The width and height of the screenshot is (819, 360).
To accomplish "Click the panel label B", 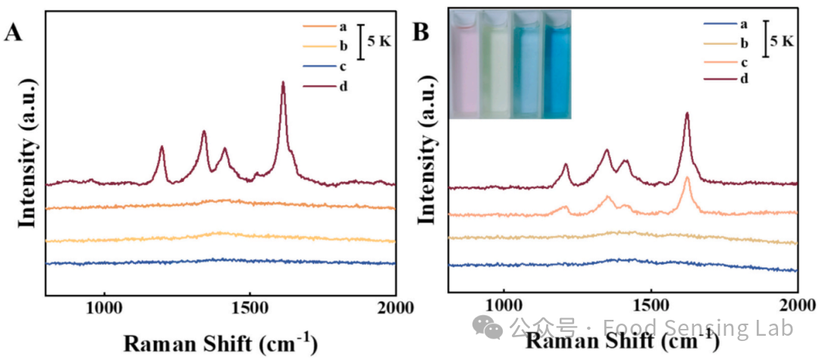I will (x=421, y=33).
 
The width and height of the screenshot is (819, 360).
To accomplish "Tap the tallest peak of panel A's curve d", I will (x=283, y=83).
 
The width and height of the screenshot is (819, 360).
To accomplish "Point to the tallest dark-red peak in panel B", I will (x=687, y=114).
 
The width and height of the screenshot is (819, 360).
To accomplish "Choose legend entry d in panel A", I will (x=344, y=86).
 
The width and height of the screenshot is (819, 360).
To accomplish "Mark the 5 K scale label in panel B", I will (x=782, y=41).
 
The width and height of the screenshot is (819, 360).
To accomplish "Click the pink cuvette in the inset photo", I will (x=465, y=67).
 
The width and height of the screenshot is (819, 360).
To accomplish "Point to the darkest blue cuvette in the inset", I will (x=556, y=67).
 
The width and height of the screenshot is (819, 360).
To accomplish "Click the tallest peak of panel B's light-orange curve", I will (x=687, y=179).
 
